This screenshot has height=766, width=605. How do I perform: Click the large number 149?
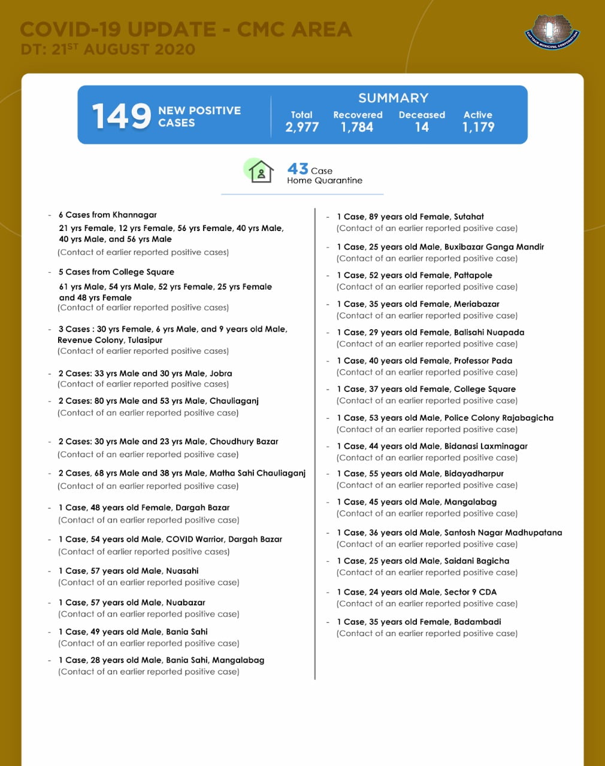click(x=122, y=116)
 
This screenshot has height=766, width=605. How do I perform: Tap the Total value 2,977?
click(x=302, y=127)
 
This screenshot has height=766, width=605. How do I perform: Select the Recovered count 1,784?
click(x=357, y=127)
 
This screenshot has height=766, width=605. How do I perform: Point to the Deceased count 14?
click(x=422, y=127)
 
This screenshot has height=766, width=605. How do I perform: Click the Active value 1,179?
click(x=478, y=127)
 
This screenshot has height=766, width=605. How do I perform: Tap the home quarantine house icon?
click(x=261, y=172)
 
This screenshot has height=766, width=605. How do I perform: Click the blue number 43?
click(x=298, y=169)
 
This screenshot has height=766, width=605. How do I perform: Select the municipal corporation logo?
click(x=552, y=32)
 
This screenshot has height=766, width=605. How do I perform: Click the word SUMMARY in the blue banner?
click(x=393, y=98)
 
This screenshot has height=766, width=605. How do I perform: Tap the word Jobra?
click(x=220, y=373)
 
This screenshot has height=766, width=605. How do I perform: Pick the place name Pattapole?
click(x=473, y=275)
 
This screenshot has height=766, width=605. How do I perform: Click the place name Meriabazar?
click(x=476, y=304)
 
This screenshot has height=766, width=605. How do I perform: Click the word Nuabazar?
click(x=185, y=603)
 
